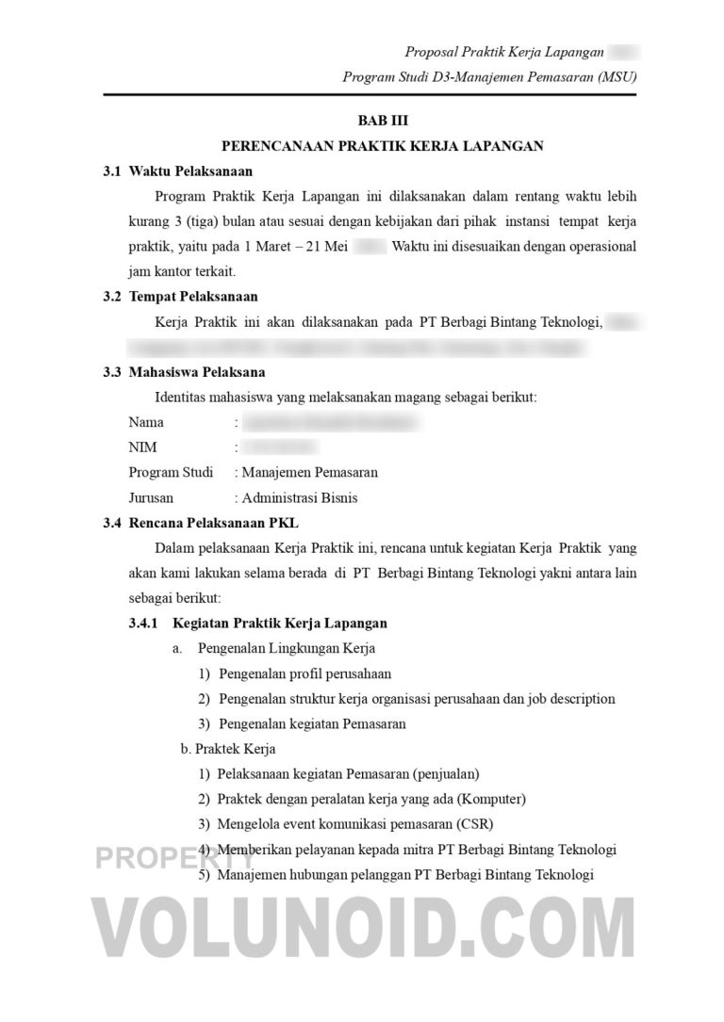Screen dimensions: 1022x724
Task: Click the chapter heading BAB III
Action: click(383, 122)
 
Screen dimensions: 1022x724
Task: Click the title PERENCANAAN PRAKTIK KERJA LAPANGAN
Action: click(383, 146)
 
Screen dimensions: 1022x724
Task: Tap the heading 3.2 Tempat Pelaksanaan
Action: click(180, 297)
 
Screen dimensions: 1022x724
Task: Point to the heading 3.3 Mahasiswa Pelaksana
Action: click(184, 371)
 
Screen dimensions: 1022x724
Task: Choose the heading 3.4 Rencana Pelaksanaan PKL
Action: click(202, 522)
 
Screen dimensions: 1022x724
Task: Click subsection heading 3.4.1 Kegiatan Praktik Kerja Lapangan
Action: click(257, 623)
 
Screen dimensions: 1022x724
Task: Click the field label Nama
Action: click(146, 422)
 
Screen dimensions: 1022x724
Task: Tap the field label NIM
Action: click(142, 447)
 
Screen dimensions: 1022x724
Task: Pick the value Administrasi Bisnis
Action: click(299, 497)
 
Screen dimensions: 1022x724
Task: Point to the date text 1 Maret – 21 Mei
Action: click(292, 247)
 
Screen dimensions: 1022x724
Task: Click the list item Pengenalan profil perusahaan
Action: click(304, 673)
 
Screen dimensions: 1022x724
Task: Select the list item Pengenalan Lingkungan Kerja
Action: click(286, 648)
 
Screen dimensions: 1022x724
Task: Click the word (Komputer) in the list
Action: click(491, 799)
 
